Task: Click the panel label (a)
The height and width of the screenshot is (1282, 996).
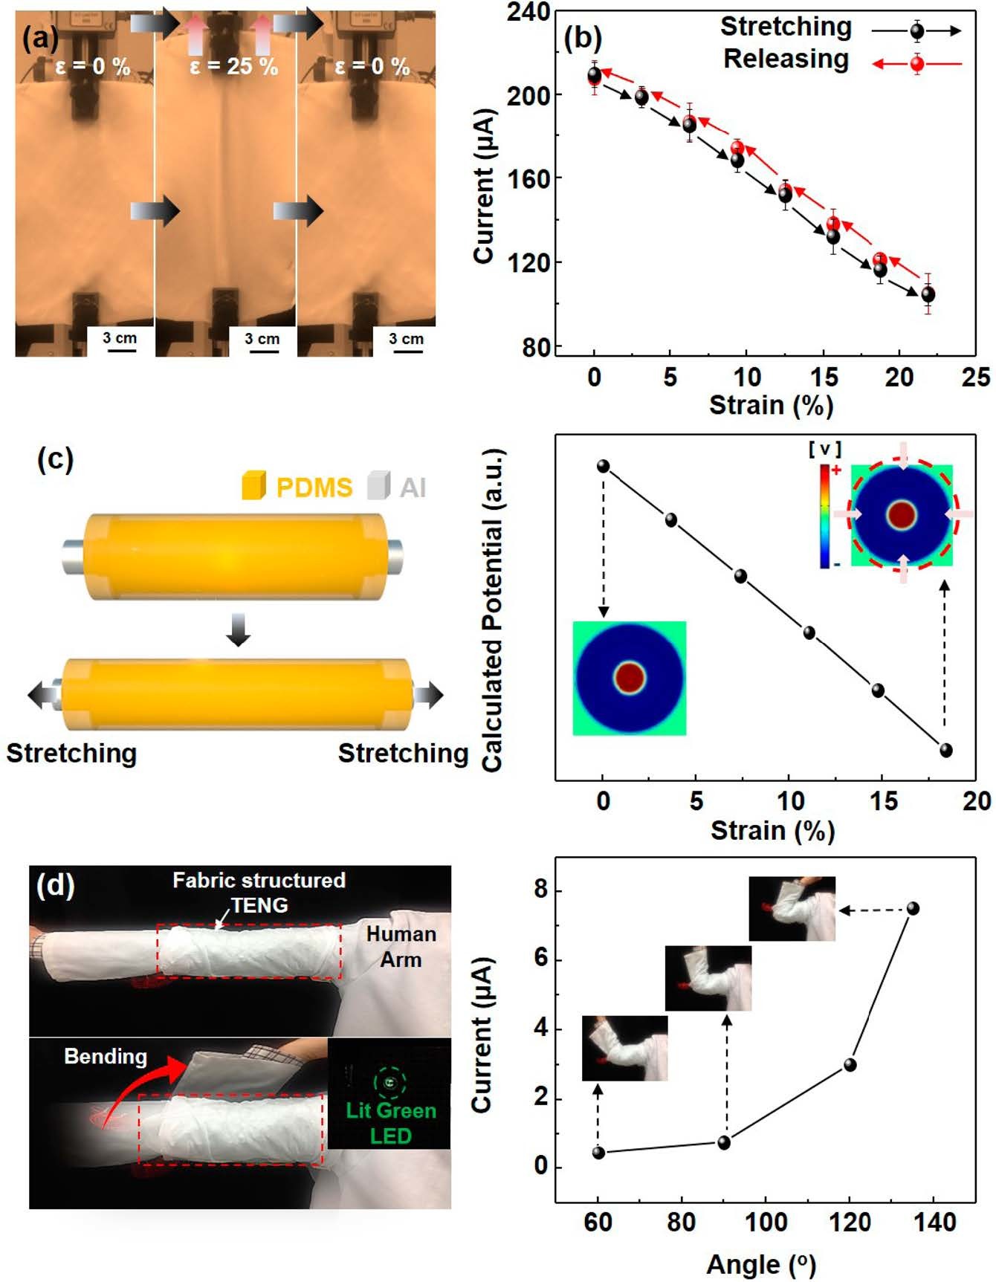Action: point(39,37)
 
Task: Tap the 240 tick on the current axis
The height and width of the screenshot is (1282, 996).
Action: point(528,13)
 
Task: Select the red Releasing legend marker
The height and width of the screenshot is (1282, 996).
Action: point(917,64)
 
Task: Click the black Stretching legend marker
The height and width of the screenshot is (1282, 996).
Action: point(917,31)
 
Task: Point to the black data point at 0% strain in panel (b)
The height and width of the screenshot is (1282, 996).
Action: point(595,75)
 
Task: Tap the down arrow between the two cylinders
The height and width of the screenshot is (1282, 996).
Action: point(238,629)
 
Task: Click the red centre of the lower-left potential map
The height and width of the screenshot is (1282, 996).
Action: point(630,677)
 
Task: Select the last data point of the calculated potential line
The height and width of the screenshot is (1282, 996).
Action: point(945,750)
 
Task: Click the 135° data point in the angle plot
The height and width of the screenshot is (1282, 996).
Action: point(913,908)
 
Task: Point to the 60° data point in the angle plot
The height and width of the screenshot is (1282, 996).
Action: point(598,1153)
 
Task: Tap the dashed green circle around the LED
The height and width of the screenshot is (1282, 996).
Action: point(389,1082)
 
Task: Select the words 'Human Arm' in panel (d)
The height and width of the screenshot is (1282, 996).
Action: point(401,946)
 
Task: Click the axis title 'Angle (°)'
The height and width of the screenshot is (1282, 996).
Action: point(761,1263)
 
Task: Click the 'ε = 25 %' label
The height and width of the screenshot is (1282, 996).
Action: point(233,67)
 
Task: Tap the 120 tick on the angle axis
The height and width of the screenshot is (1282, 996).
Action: point(850,1223)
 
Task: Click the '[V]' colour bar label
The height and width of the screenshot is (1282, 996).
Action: point(824,449)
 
